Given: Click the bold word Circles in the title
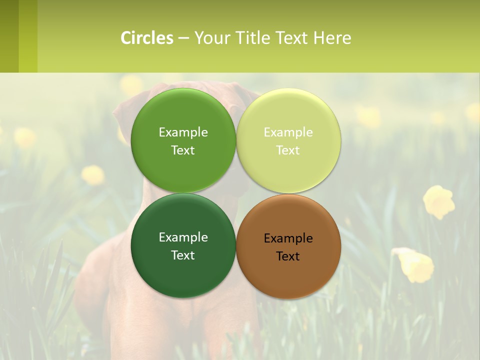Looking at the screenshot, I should point(147,38).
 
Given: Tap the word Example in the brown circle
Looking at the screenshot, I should point(288,238).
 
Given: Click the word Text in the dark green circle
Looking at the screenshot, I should point(183,255).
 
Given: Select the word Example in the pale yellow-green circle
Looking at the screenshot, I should point(288,132).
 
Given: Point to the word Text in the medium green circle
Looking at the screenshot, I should point(183,150).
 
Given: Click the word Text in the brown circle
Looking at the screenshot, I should point(288,256).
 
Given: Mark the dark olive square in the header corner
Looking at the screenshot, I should point(9,36).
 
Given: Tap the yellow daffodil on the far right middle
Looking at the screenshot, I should point(438,201).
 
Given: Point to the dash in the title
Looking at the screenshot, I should point(183,38).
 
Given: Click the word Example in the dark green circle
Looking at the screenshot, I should point(183,237).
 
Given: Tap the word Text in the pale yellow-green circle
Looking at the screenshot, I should point(288,150).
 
